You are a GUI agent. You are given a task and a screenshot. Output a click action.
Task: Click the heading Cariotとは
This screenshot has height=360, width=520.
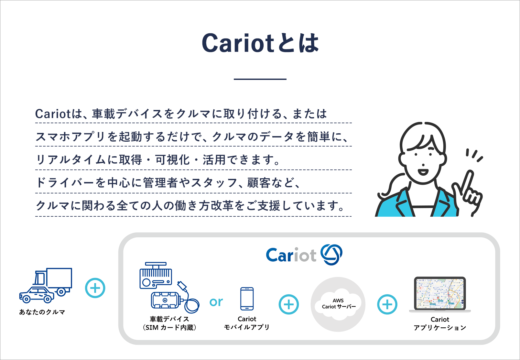coord(260,43)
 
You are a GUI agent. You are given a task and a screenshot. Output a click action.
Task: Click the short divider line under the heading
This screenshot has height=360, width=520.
coord(260,79)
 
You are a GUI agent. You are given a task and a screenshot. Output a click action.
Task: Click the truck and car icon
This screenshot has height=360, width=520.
coord(46,286)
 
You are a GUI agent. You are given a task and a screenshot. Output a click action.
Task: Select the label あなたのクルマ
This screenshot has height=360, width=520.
coord(42,312)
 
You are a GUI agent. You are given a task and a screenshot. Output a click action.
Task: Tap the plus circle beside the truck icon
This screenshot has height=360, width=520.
coord(95,288)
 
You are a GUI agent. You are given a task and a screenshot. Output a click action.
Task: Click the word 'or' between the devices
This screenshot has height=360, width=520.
coord(216,302)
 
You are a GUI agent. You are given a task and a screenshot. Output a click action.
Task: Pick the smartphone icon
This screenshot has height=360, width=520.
coord(247,299)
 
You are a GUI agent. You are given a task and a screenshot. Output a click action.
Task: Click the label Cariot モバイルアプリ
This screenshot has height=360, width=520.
coord(246,323)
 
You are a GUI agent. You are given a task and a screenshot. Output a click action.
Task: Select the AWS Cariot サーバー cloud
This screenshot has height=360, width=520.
coord(338,304)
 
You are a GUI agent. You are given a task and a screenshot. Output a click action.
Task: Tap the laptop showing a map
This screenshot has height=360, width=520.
coord(440,295)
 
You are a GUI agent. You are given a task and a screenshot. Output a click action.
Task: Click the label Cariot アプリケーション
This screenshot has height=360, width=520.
coord(440,323)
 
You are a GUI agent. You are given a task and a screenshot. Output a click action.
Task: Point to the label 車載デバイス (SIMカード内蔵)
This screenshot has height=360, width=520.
coord(169,323)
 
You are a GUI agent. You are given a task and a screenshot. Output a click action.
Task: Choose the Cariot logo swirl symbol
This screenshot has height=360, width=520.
coord(331,255)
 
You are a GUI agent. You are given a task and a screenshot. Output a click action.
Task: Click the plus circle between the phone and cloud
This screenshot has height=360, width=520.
coord(289,304)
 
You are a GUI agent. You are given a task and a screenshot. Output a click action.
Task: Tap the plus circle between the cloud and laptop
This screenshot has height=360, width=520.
coord(387,304)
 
